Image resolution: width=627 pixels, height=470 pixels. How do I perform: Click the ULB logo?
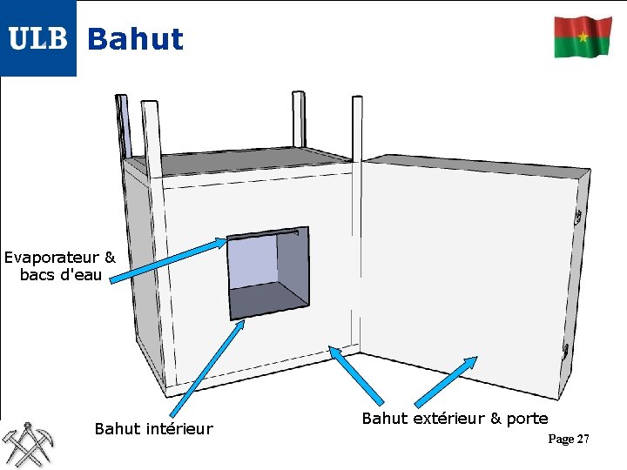38,38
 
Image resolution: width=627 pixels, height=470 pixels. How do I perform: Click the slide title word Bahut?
136,39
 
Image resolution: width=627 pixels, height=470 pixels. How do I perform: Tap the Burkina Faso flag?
583,37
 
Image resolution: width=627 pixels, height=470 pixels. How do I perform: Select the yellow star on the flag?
583,37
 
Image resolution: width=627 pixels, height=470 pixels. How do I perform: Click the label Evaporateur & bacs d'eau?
59,266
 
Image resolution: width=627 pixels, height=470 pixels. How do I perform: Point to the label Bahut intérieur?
153,428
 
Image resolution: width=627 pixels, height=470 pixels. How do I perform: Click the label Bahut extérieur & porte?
455,419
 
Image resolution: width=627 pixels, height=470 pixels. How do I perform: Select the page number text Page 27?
569,439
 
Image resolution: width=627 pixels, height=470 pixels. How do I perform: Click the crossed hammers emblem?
28,444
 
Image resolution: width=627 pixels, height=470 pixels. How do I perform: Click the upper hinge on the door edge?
576,217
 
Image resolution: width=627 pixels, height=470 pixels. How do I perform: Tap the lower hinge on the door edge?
565,352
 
